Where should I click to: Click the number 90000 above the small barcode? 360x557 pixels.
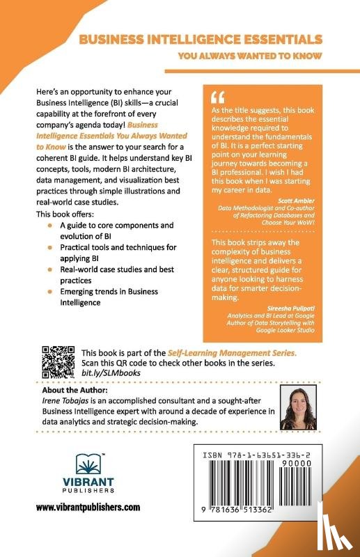click(306, 460)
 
